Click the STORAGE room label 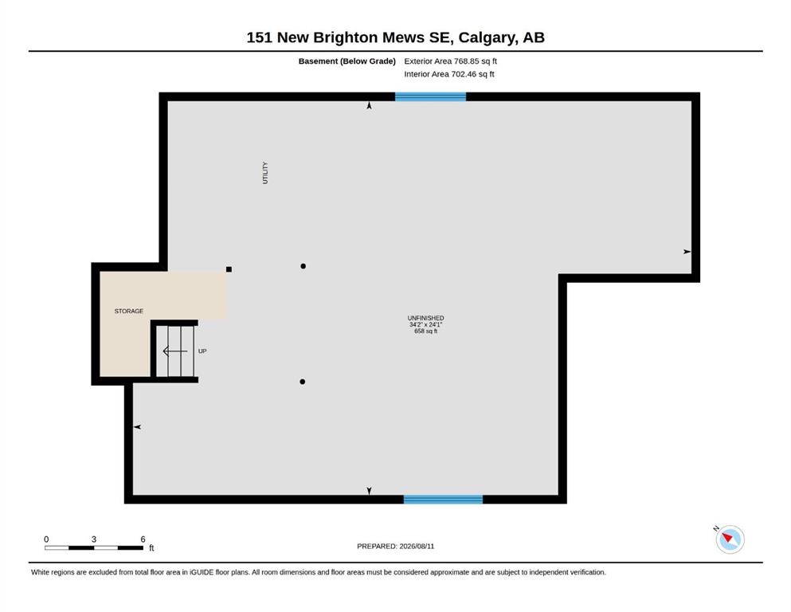(128, 312)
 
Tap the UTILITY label (265, 173)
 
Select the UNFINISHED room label (425, 318)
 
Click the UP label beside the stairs (202, 351)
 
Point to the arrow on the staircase (175, 351)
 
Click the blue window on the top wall (430, 96)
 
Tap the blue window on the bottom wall (443, 500)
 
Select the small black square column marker (229, 269)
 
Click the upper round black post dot (303, 266)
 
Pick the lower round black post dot (302, 382)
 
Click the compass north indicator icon (730, 539)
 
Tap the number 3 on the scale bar (94, 539)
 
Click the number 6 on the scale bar (143, 539)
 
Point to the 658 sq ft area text (425, 331)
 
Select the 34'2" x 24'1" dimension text (425, 325)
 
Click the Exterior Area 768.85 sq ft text (451, 61)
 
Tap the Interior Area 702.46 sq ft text (449, 74)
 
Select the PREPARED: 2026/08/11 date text (395, 547)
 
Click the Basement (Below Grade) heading (347, 61)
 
